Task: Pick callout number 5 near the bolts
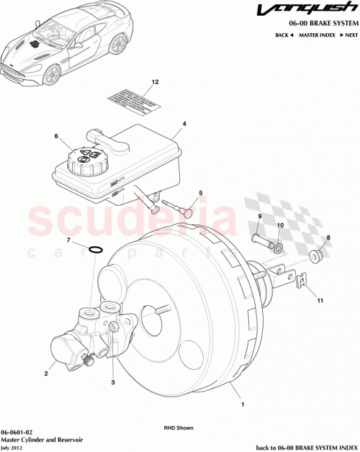coord(201,193)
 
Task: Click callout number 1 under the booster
coord(242,404)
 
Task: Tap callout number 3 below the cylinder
coord(112,382)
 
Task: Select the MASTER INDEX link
coord(316,35)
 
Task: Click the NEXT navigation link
coord(351,35)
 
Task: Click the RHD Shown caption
coord(179,428)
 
